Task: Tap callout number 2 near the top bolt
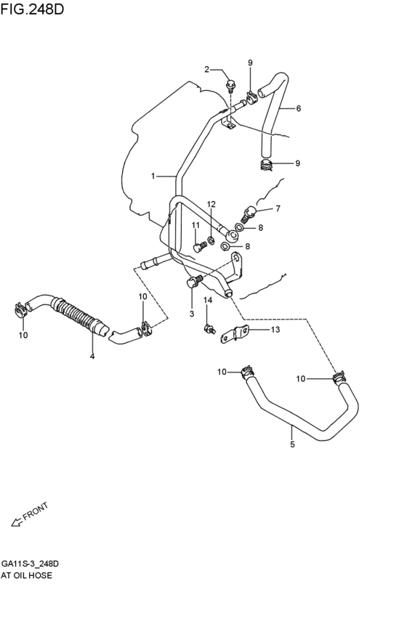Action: coord(206,70)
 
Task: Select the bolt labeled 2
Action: coord(230,85)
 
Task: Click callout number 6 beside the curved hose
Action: coord(298,108)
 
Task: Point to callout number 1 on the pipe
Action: coord(153,176)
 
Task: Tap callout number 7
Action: coord(277,209)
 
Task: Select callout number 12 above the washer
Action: coord(211,204)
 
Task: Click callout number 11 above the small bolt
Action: coord(196,226)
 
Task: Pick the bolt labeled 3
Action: coord(194,282)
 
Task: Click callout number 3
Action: coord(191,313)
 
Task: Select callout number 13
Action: coord(275,330)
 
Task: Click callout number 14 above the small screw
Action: coord(207,300)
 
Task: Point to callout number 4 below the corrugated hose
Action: coord(92,356)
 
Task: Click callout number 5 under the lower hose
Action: coord(292,444)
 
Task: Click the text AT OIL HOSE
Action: coord(26,575)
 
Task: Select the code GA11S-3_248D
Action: coord(30,564)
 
